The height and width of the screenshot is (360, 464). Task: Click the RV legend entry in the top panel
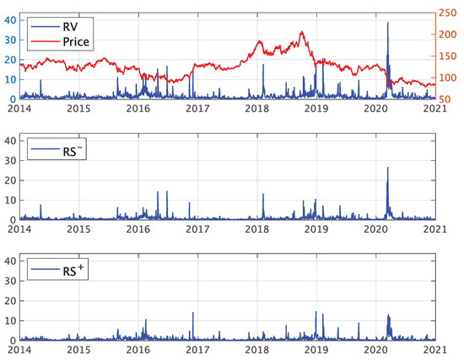coord(58,24)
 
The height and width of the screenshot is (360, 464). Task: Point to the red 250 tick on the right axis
coord(452,13)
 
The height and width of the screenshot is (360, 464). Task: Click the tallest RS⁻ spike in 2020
coord(388,168)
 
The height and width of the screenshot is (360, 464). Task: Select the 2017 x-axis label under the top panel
coord(197,109)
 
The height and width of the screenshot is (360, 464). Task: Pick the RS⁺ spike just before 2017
coord(193,313)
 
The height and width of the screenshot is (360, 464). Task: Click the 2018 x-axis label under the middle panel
coord(256,228)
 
